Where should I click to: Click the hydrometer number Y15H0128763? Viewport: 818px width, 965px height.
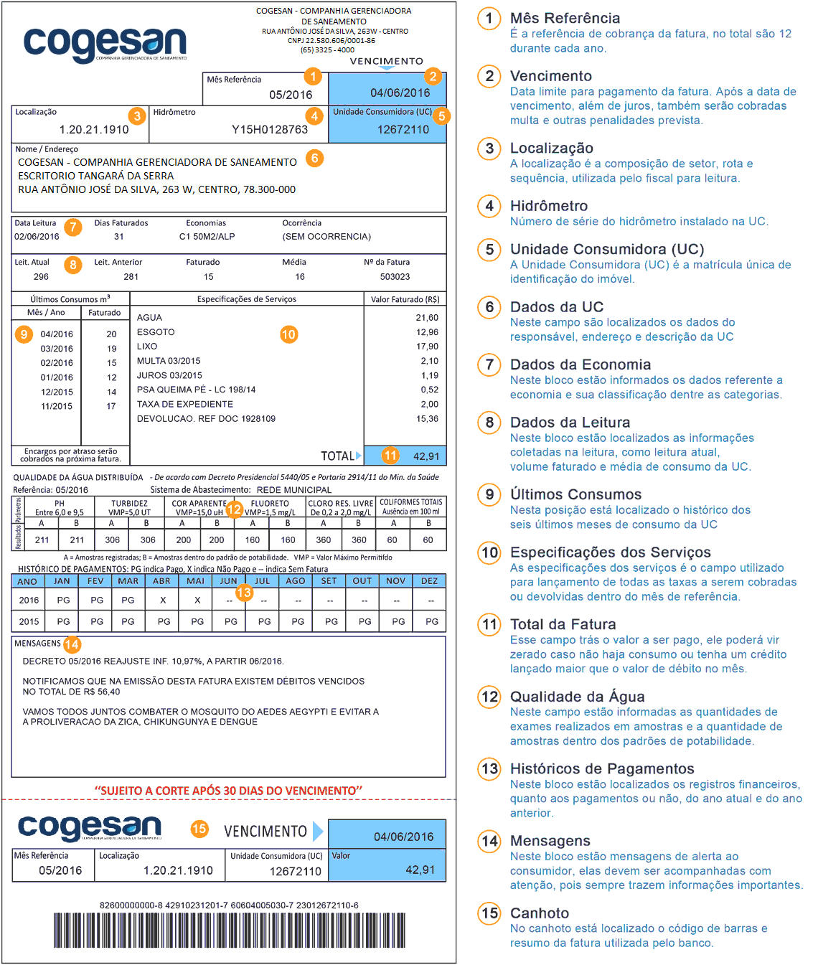(269, 130)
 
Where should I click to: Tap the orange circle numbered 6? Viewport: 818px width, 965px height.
(314, 158)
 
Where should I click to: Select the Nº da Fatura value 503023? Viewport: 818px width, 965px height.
(395, 277)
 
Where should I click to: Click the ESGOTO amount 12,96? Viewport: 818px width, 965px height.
(427, 332)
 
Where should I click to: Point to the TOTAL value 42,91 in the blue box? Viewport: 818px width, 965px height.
(426, 456)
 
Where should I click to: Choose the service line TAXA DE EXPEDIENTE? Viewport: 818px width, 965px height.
(185, 404)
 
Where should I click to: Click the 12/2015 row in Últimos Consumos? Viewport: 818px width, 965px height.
(57, 392)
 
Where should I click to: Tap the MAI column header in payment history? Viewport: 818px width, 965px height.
(195, 581)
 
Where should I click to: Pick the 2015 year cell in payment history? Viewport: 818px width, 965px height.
(29, 621)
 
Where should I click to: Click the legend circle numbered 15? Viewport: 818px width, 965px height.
(490, 913)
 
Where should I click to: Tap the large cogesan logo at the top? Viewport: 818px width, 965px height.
(105, 43)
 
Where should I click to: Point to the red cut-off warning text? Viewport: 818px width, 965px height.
(228, 791)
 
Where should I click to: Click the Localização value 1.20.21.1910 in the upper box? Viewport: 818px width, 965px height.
(94, 130)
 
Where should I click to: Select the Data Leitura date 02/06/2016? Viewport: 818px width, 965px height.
(37, 237)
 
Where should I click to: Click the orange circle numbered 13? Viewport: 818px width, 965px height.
(244, 592)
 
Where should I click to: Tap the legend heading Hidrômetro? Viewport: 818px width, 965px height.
(549, 206)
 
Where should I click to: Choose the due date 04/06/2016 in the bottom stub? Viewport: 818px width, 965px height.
(403, 837)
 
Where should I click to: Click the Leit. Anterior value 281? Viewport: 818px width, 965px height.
(131, 277)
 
